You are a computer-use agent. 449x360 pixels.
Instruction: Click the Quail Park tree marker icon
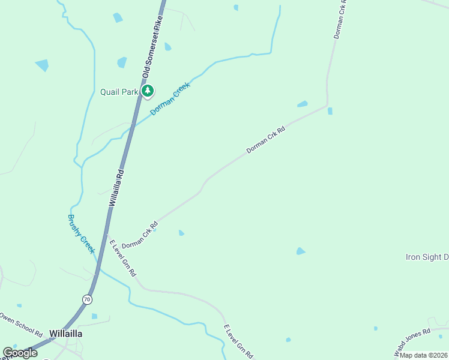pos(147,91)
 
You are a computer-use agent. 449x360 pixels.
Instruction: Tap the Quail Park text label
pos(119,92)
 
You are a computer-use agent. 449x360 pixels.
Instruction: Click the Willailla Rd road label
pos(116,188)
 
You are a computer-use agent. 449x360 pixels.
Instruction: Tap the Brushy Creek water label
pos(81,234)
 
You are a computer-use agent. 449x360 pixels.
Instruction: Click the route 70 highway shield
pos(88,298)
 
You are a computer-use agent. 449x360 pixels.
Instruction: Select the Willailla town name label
pos(65,333)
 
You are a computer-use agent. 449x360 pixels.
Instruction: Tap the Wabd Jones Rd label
pos(412,340)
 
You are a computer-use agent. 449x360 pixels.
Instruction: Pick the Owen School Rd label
pos(21,325)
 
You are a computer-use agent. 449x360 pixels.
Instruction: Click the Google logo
pos(20,353)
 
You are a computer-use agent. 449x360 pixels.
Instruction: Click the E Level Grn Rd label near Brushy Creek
pos(122,258)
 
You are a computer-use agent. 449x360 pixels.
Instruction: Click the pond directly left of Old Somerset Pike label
pos(122,62)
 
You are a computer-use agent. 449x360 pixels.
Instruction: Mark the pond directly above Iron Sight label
pos(301,251)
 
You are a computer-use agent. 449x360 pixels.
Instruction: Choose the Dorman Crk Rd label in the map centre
pos(265,139)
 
